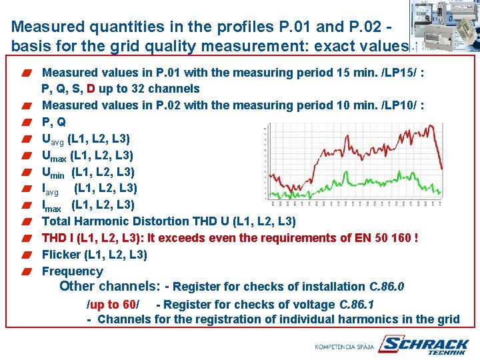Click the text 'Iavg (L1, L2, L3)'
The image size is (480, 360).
click(89, 189)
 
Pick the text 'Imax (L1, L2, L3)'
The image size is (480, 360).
click(87, 205)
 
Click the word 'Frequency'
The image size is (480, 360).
click(72, 271)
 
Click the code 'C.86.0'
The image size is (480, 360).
click(387, 287)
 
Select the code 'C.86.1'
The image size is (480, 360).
click(357, 305)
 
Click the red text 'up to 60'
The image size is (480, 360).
click(113, 305)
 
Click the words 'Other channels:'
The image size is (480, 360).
click(109, 287)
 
